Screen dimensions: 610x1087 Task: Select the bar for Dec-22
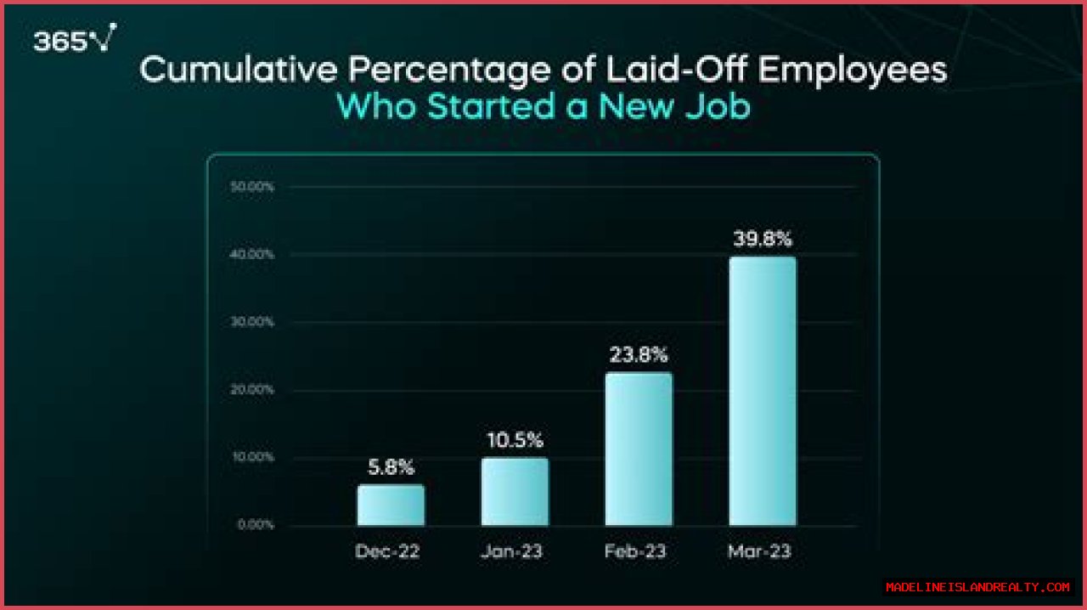click(391, 505)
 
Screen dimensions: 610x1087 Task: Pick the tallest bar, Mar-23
click(763, 391)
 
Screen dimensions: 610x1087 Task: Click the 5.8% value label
click(391, 467)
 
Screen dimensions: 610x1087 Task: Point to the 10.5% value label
click(515, 441)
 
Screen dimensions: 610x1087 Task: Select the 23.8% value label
click(639, 355)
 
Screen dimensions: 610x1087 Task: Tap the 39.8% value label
click(763, 239)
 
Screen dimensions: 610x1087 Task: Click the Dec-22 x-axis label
click(388, 551)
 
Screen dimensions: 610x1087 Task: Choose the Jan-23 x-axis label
click(511, 551)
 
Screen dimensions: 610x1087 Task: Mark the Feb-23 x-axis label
click(635, 551)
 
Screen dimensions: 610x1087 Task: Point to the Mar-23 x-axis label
click(759, 551)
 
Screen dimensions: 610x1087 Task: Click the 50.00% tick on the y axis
click(252, 187)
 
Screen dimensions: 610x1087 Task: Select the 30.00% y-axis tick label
click(252, 322)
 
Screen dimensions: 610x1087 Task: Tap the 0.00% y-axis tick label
click(255, 524)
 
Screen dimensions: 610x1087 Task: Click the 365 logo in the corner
click(74, 39)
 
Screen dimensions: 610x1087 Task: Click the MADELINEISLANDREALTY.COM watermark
click(977, 587)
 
